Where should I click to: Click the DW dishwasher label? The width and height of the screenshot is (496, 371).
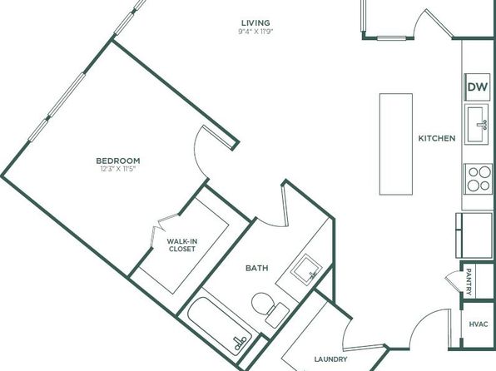(478, 87)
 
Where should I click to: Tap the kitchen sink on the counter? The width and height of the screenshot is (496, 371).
(476, 124)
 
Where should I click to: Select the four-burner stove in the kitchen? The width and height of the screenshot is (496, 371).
(479, 179)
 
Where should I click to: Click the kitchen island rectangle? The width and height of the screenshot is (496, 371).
(396, 144)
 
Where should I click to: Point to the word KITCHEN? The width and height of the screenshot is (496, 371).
(437, 138)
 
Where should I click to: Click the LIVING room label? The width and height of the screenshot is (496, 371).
(255, 22)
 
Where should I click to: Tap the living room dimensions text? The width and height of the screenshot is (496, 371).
(255, 32)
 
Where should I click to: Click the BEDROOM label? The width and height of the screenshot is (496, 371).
(118, 161)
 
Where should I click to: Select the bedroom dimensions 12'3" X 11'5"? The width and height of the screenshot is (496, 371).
(118, 169)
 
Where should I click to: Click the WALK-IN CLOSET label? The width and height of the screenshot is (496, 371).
(182, 245)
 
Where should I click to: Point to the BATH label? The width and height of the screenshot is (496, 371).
(257, 268)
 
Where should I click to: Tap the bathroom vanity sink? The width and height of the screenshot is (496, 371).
(306, 269)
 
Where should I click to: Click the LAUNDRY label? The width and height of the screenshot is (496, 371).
(330, 359)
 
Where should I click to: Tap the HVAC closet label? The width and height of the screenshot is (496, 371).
(479, 324)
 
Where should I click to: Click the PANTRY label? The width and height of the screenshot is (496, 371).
(469, 281)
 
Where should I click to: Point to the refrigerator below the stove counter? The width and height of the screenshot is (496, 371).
(474, 235)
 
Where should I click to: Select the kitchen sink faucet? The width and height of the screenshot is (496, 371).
(482, 124)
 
